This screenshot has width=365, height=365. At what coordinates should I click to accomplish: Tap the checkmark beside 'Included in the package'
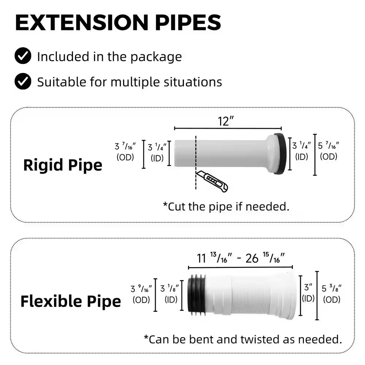click(x=23, y=57)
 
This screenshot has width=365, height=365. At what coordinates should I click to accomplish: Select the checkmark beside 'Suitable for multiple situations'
click(x=23, y=81)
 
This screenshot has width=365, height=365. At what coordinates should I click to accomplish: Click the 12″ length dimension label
click(x=226, y=121)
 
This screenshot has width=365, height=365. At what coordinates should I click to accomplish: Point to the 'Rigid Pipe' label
click(x=62, y=165)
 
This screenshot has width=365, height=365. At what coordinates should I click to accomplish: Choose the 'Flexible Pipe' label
click(x=70, y=302)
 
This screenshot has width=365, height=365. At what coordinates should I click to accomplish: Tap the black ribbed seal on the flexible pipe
click(x=196, y=294)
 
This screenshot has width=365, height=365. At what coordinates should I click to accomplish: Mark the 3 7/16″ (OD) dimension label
click(x=126, y=151)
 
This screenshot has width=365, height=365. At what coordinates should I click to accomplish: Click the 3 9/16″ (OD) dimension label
click(x=142, y=294)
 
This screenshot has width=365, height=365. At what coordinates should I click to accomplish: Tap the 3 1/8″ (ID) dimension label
click(x=171, y=294)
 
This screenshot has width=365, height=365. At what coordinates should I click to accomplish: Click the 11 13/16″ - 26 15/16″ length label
click(x=241, y=258)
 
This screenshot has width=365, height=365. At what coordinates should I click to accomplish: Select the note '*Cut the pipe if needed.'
click(x=226, y=206)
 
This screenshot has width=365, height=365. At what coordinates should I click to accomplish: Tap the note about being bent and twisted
click(x=243, y=339)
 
